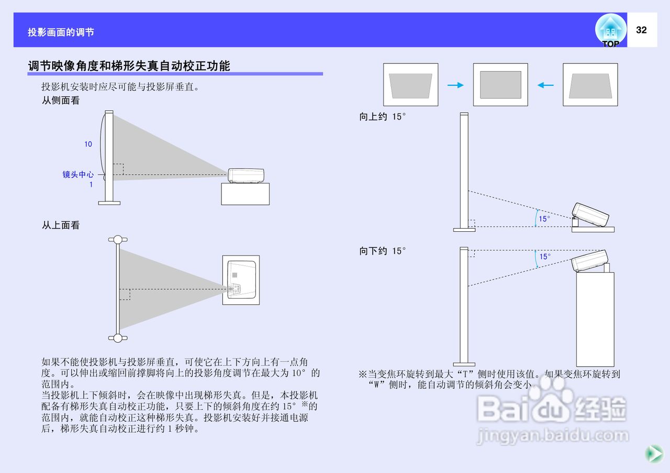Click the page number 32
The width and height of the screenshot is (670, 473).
point(641,30)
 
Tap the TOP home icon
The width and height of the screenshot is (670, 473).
point(610,30)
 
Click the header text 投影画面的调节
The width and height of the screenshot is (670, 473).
point(61,32)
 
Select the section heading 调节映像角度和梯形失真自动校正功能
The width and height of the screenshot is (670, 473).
point(129,66)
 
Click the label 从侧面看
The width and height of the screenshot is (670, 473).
point(61,100)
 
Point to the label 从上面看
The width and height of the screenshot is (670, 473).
point(61,226)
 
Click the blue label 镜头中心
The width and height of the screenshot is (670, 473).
point(78,175)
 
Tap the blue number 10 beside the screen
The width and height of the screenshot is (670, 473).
point(88,144)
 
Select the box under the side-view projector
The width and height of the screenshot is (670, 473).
point(245,194)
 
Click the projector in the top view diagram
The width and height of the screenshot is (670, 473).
point(241,280)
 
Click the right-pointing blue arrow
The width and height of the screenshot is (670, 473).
point(456,85)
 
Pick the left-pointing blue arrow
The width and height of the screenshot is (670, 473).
point(545,85)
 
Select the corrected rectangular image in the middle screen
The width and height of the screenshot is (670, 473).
point(500,85)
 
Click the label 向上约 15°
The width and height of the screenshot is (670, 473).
point(382,117)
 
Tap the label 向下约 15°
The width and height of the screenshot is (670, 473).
point(382,251)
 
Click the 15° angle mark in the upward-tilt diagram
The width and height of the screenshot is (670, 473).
point(544,219)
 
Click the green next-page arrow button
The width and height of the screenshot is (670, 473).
point(653,453)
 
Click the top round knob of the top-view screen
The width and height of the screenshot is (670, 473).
point(118,240)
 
